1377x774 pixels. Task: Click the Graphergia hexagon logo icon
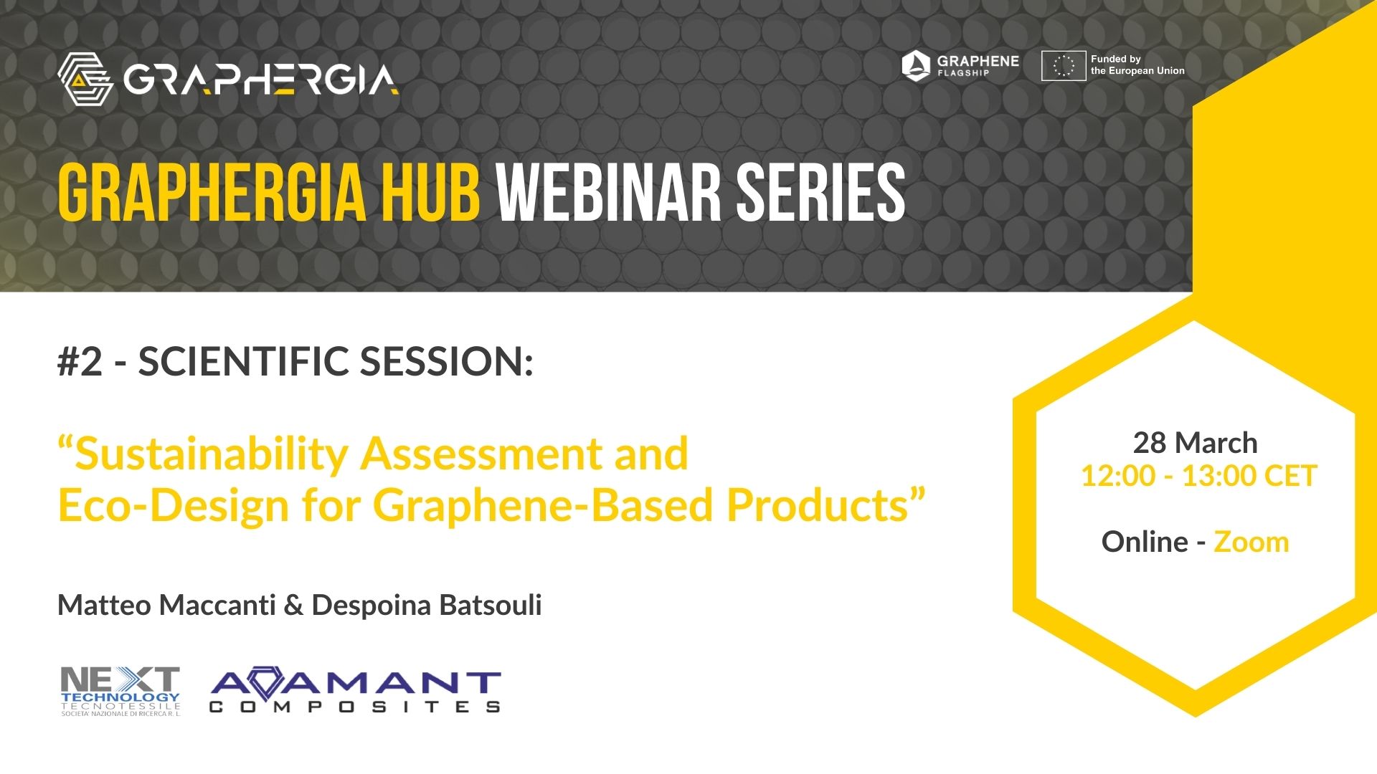(85, 79)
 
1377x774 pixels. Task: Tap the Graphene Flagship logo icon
(916, 66)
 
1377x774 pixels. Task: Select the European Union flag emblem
(1064, 66)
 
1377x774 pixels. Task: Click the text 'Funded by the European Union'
(1137, 64)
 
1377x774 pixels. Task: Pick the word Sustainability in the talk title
(211, 454)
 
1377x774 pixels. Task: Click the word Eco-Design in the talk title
(173, 505)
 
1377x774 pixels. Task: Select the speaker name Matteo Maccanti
(166, 605)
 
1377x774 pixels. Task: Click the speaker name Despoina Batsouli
(427, 605)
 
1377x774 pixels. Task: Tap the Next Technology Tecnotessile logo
(120, 691)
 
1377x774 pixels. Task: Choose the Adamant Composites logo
(356, 692)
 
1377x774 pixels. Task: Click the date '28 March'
(1195, 443)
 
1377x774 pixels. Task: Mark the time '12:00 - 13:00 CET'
(1199, 476)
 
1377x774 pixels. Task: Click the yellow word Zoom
(1251, 542)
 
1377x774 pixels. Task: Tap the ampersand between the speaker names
(294, 606)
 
